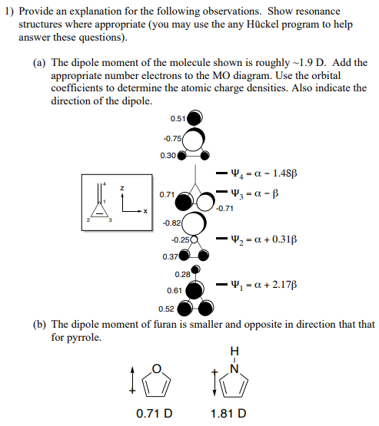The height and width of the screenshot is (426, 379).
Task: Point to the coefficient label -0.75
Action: pos(171,138)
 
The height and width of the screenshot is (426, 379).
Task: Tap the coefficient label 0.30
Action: pos(168,156)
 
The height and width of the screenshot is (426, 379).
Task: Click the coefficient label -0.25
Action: pos(178,240)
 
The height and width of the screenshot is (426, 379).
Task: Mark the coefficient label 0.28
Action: pos(182,275)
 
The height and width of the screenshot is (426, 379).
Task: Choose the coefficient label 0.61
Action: pos(175,291)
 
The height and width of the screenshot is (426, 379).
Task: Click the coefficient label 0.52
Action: pos(166,309)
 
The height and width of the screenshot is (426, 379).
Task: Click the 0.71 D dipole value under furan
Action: pos(152,414)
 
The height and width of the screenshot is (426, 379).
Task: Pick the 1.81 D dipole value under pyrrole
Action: pos(228,414)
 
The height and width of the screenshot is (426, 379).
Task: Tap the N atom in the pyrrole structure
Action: pos(235,365)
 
